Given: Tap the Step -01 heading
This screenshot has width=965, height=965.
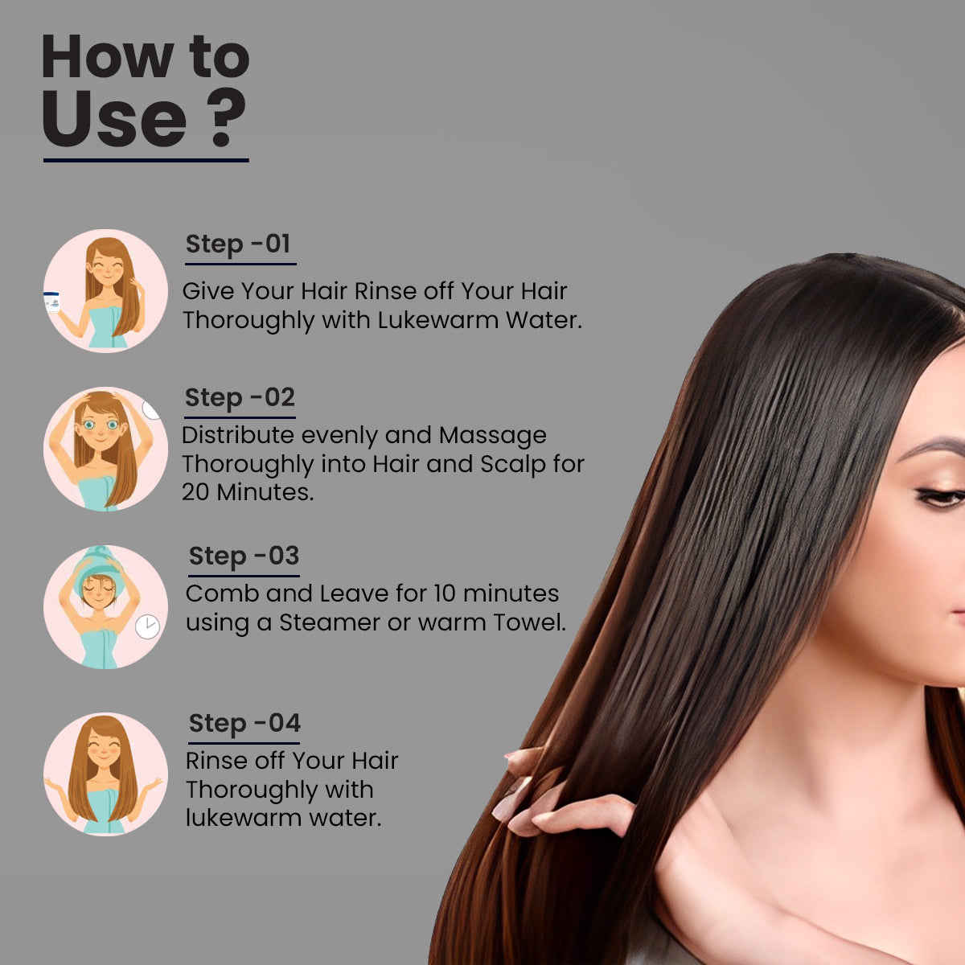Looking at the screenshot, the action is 238,244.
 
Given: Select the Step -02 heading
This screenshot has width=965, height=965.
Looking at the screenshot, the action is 240,398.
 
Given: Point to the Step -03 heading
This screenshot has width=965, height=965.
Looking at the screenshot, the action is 244,556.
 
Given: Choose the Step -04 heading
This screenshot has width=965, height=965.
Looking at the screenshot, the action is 244,724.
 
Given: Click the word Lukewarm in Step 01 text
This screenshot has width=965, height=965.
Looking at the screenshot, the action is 438,320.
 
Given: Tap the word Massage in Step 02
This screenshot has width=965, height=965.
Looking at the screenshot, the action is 493,436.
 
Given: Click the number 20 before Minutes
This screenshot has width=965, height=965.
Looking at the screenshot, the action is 195,492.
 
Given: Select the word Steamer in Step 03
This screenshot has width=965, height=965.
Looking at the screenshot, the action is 330,622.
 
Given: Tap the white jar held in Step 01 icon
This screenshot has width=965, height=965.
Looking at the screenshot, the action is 51,302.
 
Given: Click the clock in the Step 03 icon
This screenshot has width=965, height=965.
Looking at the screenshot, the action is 147,626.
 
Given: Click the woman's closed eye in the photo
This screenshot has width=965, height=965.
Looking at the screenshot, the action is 940,498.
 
